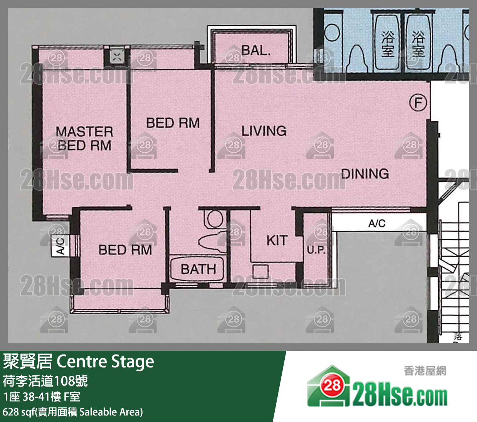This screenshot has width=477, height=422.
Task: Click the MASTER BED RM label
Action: [84, 138]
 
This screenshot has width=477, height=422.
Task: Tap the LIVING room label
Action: [264, 131]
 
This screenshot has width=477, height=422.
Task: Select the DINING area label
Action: [365, 174]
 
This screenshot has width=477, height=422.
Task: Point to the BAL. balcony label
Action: [256, 50]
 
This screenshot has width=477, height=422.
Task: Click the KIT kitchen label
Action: [277, 240]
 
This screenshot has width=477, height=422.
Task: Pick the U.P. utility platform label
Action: [316, 250]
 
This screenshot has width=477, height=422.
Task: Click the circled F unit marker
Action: [418, 103]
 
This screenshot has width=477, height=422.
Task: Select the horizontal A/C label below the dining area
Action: [377, 223]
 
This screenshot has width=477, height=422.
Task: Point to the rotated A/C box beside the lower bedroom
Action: [60, 246]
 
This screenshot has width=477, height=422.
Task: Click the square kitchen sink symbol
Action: [260, 271]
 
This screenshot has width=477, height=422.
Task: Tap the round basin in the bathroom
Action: [215, 219]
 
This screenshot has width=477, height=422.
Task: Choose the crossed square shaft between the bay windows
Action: [117, 57]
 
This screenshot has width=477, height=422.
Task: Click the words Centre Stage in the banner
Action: [106, 361]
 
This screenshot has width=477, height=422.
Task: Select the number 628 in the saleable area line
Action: [11, 412]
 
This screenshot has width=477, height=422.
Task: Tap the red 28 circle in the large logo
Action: [332, 385]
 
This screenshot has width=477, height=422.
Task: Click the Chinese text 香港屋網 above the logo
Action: [425, 371]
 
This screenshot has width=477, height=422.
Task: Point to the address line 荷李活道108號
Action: [45, 381]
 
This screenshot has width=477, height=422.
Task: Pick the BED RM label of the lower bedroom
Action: [125, 250]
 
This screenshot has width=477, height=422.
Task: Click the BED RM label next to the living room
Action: [173, 123]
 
